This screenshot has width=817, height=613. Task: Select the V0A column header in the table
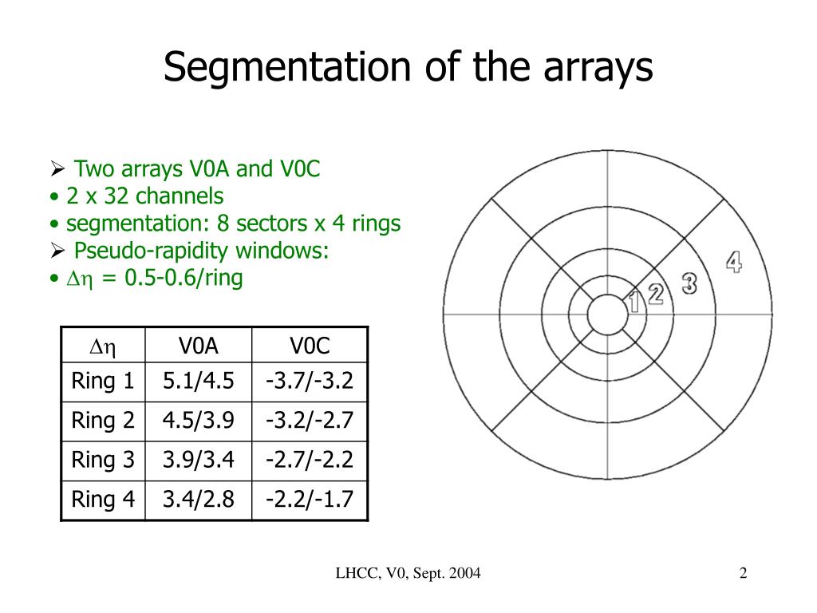click(x=198, y=346)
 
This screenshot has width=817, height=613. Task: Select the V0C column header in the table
click(x=310, y=346)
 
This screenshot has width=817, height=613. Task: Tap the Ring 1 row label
click(x=103, y=382)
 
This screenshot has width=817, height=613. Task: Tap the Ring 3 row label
click(x=103, y=461)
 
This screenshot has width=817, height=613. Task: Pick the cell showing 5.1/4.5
click(x=198, y=382)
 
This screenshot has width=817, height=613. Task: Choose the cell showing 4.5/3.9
click(x=198, y=421)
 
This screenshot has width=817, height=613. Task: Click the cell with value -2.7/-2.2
click(x=310, y=461)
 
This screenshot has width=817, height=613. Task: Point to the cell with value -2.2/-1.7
click(x=310, y=500)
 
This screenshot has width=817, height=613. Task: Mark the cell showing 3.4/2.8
click(x=198, y=500)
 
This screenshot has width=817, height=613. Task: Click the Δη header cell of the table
click(x=103, y=346)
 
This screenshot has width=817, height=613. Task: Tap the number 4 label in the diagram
click(x=733, y=262)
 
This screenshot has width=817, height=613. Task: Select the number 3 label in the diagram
click(x=689, y=283)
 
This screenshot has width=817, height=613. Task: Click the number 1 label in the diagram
click(x=635, y=303)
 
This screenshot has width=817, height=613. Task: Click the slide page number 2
click(x=743, y=573)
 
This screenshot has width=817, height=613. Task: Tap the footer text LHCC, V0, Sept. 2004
click(x=408, y=573)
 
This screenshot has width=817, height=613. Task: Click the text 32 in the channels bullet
click(x=116, y=196)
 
